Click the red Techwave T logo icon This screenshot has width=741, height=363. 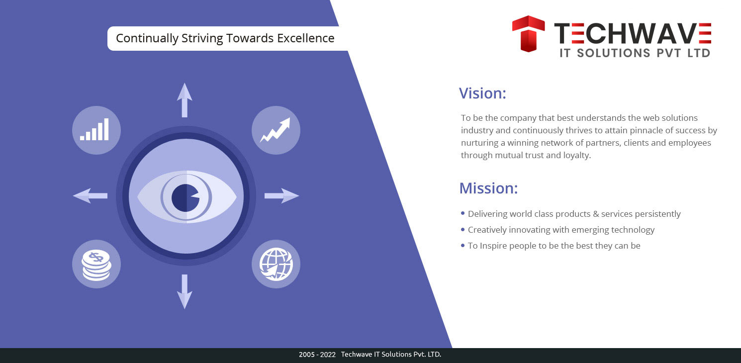coord(528,33)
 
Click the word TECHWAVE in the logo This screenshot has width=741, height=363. coord(633,33)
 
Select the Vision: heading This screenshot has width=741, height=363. coord(482,93)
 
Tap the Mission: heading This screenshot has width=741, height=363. coord(488,188)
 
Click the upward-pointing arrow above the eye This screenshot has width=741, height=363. coord(185,100)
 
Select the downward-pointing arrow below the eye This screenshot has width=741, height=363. coord(185,291)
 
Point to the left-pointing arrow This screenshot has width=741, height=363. coord(90,195)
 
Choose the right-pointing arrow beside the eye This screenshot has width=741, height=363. coord(281,195)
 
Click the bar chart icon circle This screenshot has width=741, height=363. coord(96,130)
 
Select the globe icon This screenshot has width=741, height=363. coord(276,264)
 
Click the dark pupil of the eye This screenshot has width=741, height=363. coord(185,197)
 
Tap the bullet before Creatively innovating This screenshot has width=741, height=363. coord(463,229)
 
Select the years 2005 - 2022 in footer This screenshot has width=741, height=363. coord(317,355)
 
